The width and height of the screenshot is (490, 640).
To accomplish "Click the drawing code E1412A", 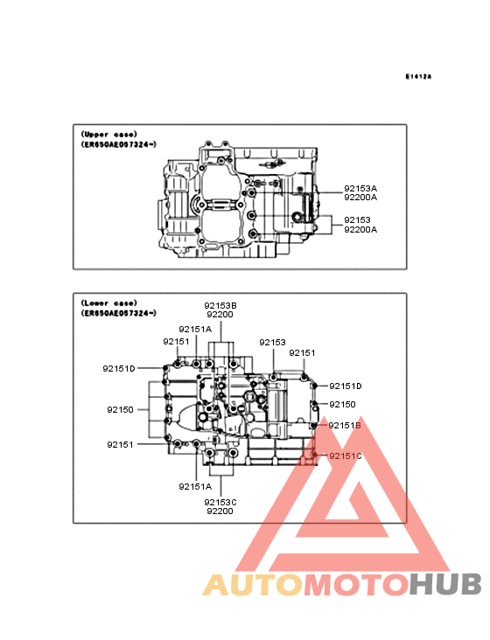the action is coord(418,76).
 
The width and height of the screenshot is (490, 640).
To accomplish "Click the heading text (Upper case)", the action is coord(109,135).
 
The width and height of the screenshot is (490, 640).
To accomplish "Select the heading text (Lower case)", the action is coord(109,303).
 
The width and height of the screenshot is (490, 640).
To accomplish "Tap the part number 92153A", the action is coord(360,189).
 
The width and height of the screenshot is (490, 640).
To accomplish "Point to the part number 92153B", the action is coord(220,306).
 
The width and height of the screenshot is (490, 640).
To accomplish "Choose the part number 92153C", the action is coord(220,503).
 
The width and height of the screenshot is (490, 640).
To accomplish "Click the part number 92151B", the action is coord(345,426).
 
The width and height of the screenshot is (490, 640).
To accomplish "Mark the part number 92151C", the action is coord(346,456).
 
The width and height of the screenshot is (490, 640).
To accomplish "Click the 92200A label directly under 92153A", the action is coord(360,198).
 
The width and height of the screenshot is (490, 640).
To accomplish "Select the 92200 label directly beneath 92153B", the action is coord(220,315).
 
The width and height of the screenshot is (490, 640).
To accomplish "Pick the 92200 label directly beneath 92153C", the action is coord(220,511).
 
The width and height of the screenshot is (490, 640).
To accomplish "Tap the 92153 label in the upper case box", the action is coord(357,220).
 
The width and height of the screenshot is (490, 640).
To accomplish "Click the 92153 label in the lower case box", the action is coord(272,343).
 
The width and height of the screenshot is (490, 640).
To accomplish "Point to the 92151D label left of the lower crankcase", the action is coord(119,369).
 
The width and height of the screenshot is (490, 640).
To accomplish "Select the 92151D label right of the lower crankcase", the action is coord(346,386).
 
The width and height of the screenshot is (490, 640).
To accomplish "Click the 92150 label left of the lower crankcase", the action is coord(121,410).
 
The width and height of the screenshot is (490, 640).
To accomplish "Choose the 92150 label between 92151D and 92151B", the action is coord(343,405).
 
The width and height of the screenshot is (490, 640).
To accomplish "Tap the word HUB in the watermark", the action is coord(446,584).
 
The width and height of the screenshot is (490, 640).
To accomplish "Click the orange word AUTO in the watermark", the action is coord(253,584).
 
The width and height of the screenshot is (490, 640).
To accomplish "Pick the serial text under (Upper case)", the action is coord(118,144).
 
